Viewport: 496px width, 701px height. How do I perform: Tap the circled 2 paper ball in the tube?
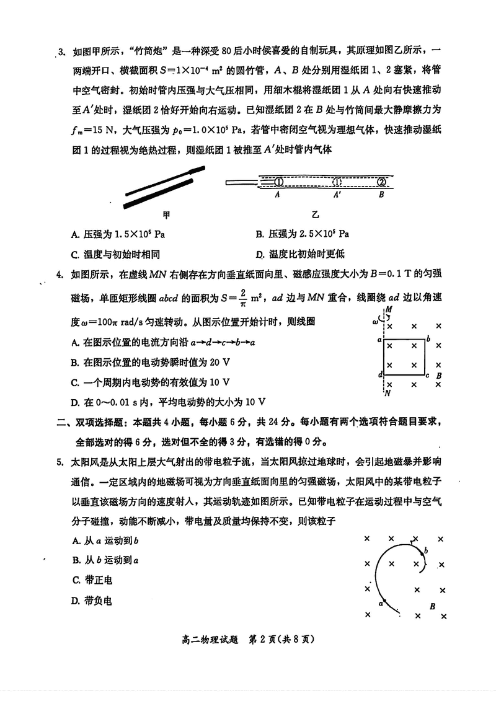[381, 182]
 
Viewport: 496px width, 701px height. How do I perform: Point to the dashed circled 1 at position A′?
[337, 182]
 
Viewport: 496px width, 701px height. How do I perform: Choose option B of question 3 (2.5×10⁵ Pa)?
[302, 234]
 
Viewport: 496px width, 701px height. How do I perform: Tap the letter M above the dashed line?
[389, 309]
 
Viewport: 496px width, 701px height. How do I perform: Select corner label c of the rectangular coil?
[427, 375]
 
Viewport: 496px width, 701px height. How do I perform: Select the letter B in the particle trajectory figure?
[432, 606]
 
